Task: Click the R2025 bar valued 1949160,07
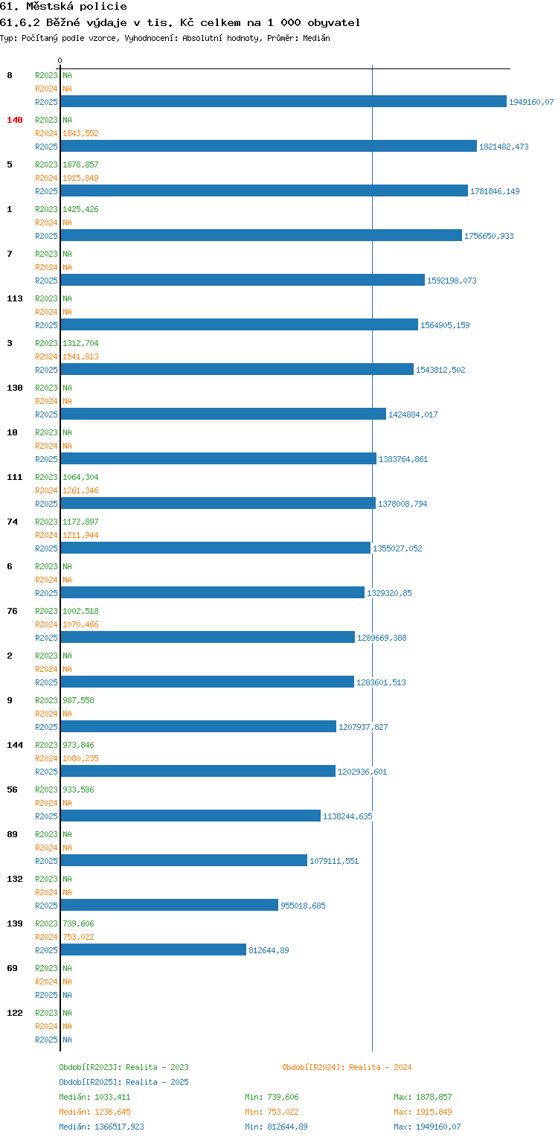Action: click(283, 101)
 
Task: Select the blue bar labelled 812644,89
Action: click(153, 950)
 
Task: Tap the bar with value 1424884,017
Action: click(223, 414)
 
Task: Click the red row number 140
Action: click(15, 120)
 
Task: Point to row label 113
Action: click(15, 298)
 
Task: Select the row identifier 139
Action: click(15, 923)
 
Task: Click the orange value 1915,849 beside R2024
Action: click(80, 178)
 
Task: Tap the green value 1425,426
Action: click(80, 209)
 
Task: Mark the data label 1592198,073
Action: click(452, 281)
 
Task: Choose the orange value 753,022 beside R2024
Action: click(78, 937)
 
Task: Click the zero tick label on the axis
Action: click(60, 60)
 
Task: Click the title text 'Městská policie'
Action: click(77, 7)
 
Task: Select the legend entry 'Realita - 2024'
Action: click(380, 1067)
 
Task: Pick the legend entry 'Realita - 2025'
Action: click(157, 1082)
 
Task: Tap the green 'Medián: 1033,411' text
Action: click(94, 1097)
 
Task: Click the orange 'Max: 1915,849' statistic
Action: click(423, 1112)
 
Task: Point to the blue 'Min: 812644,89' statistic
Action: click(276, 1127)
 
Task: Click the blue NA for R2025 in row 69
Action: click(67, 995)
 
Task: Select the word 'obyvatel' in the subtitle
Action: click(333, 23)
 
